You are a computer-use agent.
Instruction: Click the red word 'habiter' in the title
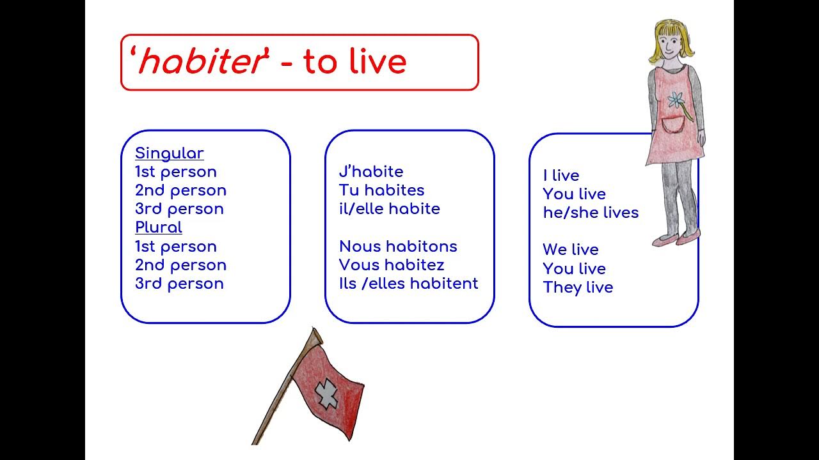coord(200,62)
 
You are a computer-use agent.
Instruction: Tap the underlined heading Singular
coord(169,153)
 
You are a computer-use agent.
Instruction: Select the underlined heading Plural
coord(158,227)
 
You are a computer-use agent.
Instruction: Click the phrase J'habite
coord(371,172)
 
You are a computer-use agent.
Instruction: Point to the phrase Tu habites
coord(381,190)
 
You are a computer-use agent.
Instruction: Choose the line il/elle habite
coord(389,209)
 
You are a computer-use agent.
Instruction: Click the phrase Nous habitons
coord(398,247)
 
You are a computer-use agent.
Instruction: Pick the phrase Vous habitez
coord(392,265)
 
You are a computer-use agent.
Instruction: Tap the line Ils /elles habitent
coord(408,284)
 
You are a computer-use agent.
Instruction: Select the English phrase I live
coord(561,176)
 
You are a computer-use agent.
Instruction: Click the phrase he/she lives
coord(590,213)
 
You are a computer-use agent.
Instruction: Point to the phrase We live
coord(570,250)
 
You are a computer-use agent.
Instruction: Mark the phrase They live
coord(578,287)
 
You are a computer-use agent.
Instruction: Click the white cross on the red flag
coord(327,393)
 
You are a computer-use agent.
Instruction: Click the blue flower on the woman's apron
coord(675,100)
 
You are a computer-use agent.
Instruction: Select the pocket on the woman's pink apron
coord(672,125)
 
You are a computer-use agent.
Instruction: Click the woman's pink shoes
coord(677,240)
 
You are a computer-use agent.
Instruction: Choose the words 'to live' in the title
coord(354,62)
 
